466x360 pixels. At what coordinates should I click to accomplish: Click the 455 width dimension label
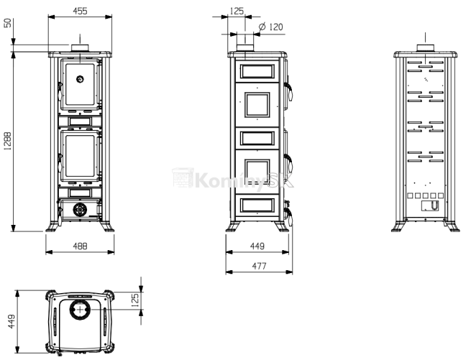tap(80, 11)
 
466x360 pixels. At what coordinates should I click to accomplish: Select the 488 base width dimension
tap(80, 246)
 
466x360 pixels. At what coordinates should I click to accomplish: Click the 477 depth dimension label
tap(259, 266)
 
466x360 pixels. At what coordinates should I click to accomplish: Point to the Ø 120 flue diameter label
tap(270, 27)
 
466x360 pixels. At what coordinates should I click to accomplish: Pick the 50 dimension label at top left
tap(7, 23)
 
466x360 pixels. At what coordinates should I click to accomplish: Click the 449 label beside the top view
tap(11, 322)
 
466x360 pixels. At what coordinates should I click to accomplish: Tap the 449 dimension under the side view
tap(257, 246)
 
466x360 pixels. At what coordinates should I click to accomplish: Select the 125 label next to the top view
tap(135, 300)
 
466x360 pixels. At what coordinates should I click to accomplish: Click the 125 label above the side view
tap(237, 11)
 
